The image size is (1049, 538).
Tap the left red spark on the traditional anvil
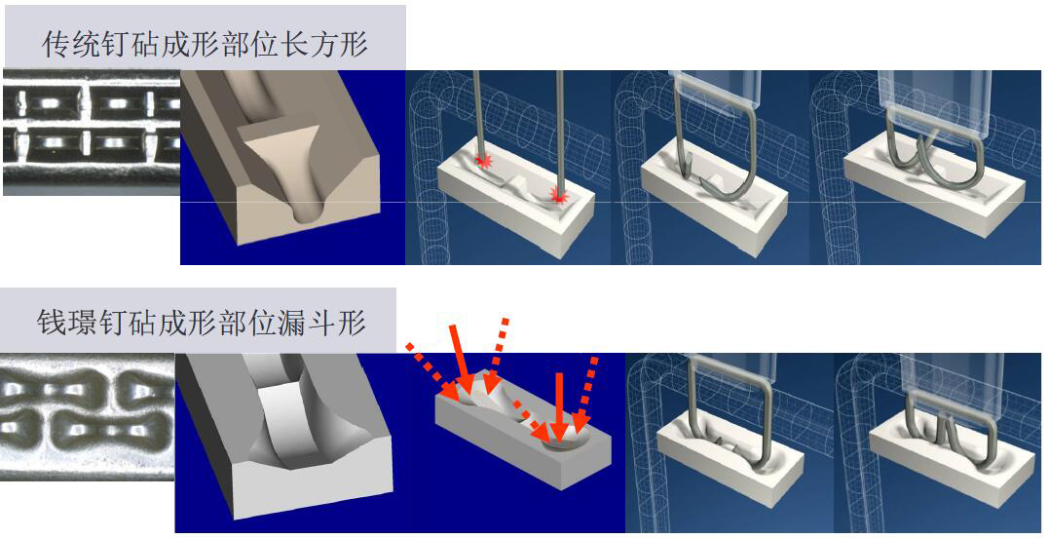click(x=481, y=160)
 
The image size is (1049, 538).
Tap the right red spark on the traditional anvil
click(x=558, y=196)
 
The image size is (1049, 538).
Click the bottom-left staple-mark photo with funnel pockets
click(x=87, y=417)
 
